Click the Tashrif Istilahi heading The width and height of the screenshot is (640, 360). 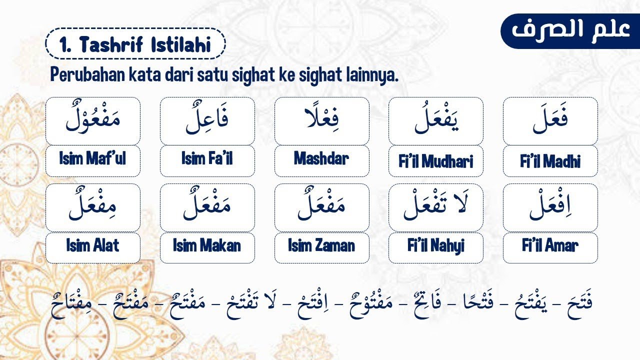(x=135, y=45)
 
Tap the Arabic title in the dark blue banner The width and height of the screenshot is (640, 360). (x=570, y=30)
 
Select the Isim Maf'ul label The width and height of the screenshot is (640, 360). (x=92, y=159)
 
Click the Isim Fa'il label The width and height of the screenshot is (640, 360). (x=207, y=159)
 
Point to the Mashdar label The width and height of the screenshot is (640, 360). (x=321, y=159)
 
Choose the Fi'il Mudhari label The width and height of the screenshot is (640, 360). (x=435, y=161)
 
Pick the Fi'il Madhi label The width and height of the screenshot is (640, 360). (x=550, y=161)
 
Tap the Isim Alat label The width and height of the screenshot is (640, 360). (x=92, y=246)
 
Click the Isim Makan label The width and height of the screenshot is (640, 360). (x=207, y=246)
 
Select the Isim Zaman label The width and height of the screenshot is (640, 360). (x=321, y=246)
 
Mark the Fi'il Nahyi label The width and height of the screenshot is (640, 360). (x=435, y=246)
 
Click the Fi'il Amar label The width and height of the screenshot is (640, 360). (x=550, y=246)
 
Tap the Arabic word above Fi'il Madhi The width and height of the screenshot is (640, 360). (x=550, y=120)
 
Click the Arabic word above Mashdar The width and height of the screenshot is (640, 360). (x=321, y=120)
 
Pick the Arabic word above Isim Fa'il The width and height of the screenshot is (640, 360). (x=207, y=120)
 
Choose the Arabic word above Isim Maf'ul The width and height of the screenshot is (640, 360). (x=92, y=120)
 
